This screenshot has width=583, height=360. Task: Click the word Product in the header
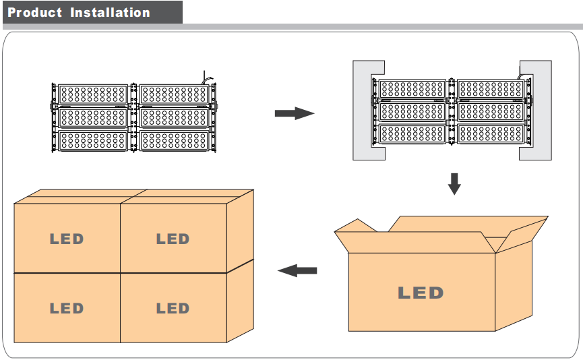pos(34,13)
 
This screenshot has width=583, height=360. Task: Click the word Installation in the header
pos(110,13)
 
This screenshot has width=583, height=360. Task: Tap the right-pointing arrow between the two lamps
pos(295,113)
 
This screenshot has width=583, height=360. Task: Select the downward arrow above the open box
pos(454,183)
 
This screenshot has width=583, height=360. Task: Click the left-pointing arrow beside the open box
pos(297,270)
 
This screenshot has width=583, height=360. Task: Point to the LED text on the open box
pos(421,293)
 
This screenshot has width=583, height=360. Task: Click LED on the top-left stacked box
pos(67,239)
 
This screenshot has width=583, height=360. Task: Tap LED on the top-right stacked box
pos(173,239)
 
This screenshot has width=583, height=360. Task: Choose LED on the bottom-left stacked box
pos(67,309)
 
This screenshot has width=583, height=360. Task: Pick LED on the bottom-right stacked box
pos(173,309)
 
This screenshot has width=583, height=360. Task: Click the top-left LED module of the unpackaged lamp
pos(93,94)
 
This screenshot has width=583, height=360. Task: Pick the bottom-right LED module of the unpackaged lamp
pos(175,140)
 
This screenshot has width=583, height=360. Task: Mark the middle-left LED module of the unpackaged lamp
pos(93,117)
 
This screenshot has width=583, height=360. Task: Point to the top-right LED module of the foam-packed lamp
pos(490,88)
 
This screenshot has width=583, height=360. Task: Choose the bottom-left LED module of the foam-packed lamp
pos(412,134)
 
